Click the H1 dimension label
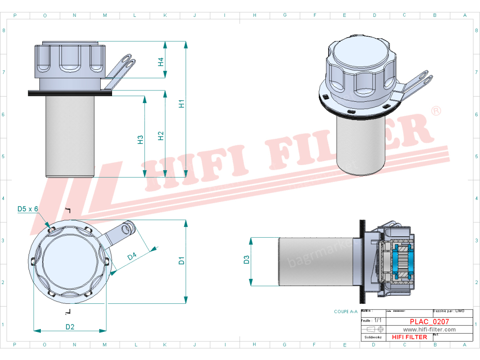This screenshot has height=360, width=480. pyautogui.click(x=182, y=104)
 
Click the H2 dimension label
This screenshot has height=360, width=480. pyautogui.click(x=161, y=135)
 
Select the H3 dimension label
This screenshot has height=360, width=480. pyautogui.click(x=140, y=139)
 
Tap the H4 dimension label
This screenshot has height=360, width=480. pyautogui.click(x=160, y=61)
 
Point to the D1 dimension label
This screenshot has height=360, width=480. pyautogui.click(x=182, y=260)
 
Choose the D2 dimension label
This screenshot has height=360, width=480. pyautogui.click(x=70, y=327)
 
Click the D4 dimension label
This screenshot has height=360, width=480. pyautogui.click(x=132, y=256)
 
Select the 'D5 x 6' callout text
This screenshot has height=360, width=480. pyautogui.click(x=27, y=209)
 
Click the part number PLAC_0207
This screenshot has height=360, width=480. pyautogui.click(x=429, y=322)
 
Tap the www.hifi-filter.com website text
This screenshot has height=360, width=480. pyautogui.click(x=429, y=330)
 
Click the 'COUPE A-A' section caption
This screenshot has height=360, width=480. pyautogui.click(x=345, y=311)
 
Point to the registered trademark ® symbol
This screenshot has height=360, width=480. pyautogui.click(x=436, y=111)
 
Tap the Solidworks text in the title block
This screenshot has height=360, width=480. pyautogui.click(x=373, y=337)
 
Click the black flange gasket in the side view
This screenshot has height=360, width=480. pyautogui.click(x=70, y=93)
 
